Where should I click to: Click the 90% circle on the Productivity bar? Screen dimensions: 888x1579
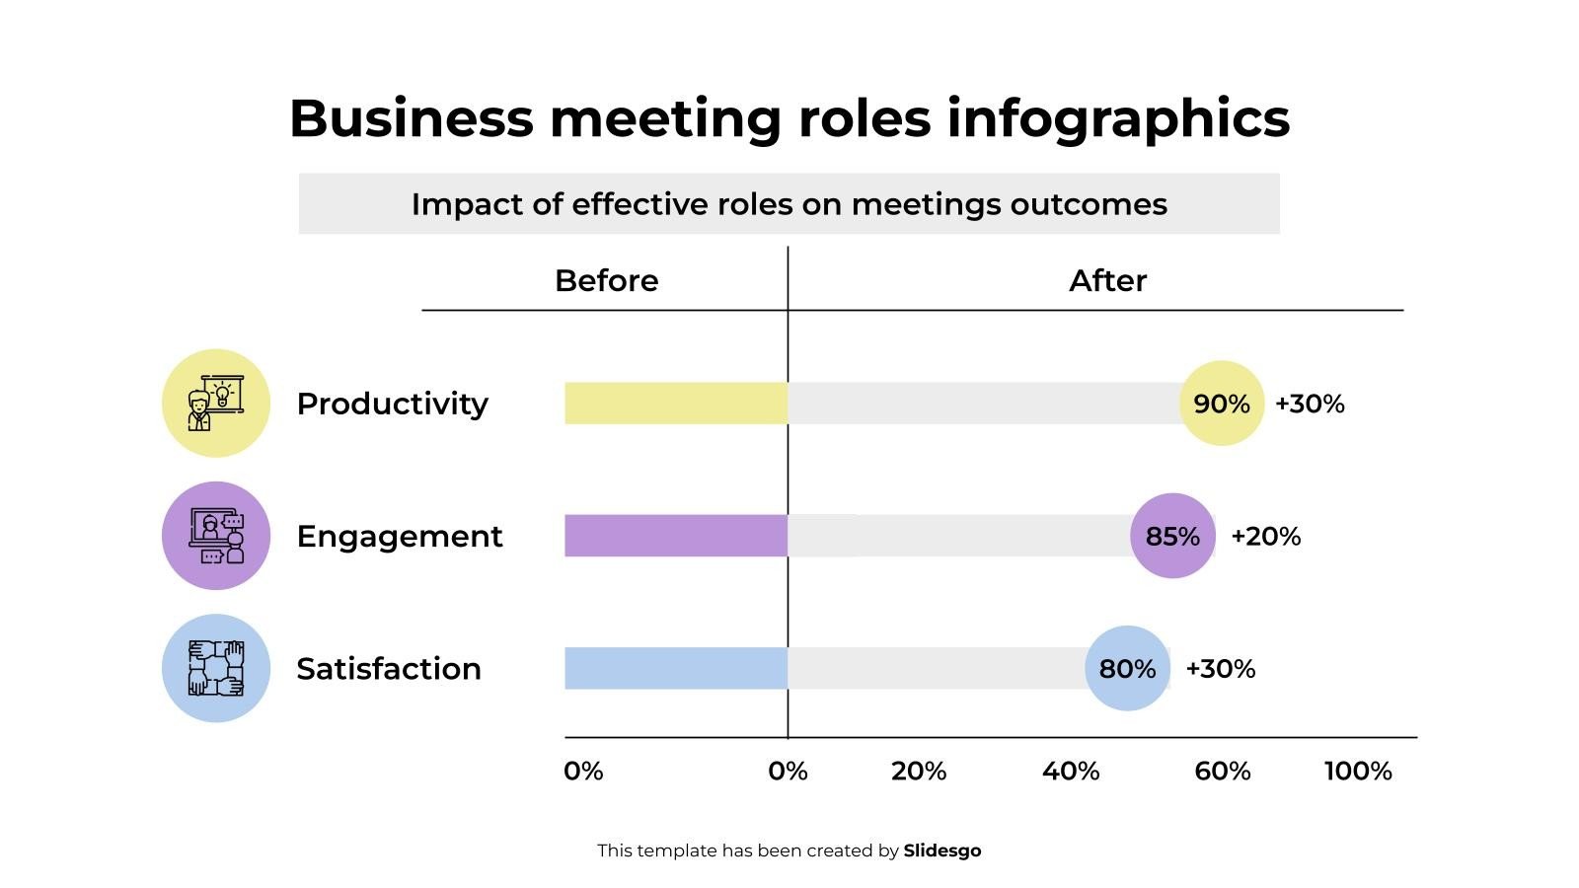click(x=1222, y=404)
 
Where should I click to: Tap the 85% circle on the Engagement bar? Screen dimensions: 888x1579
click(x=1172, y=536)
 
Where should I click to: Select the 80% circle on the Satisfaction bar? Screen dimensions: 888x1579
click(x=1127, y=668)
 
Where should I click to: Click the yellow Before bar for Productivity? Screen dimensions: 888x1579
click(x=676, y=404)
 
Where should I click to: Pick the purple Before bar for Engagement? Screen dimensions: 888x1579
click(x=676, y=536)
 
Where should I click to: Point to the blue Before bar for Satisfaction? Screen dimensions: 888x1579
click(x=676, y=668)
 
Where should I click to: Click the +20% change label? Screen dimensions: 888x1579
click(x=1265, y=537)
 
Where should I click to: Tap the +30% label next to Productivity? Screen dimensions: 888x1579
click(x=1310, y=404)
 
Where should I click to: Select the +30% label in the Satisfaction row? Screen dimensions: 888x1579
click(x=1220, y=669)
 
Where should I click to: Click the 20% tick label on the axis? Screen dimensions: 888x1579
click(x=918, y=772)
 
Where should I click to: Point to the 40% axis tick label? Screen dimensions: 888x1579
click(x=1071, y=772)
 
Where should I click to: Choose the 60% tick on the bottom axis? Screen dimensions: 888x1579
click(x=1222, y=772)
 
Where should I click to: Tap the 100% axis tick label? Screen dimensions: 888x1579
click(x=1358, y=772)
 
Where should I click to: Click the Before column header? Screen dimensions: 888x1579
click(x=606, y=281)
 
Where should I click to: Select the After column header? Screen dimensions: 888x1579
click(x=1107, y=281)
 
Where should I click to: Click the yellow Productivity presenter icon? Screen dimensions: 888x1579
click(x=216, y=404)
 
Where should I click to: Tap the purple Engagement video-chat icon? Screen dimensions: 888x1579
click(x=216, y=536)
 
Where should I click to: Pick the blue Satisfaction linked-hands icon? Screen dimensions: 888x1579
click(x=216, y=668)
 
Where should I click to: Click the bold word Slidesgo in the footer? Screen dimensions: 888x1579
click(x=942, y=851)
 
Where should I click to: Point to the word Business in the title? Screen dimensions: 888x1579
click(x=411, y=118)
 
